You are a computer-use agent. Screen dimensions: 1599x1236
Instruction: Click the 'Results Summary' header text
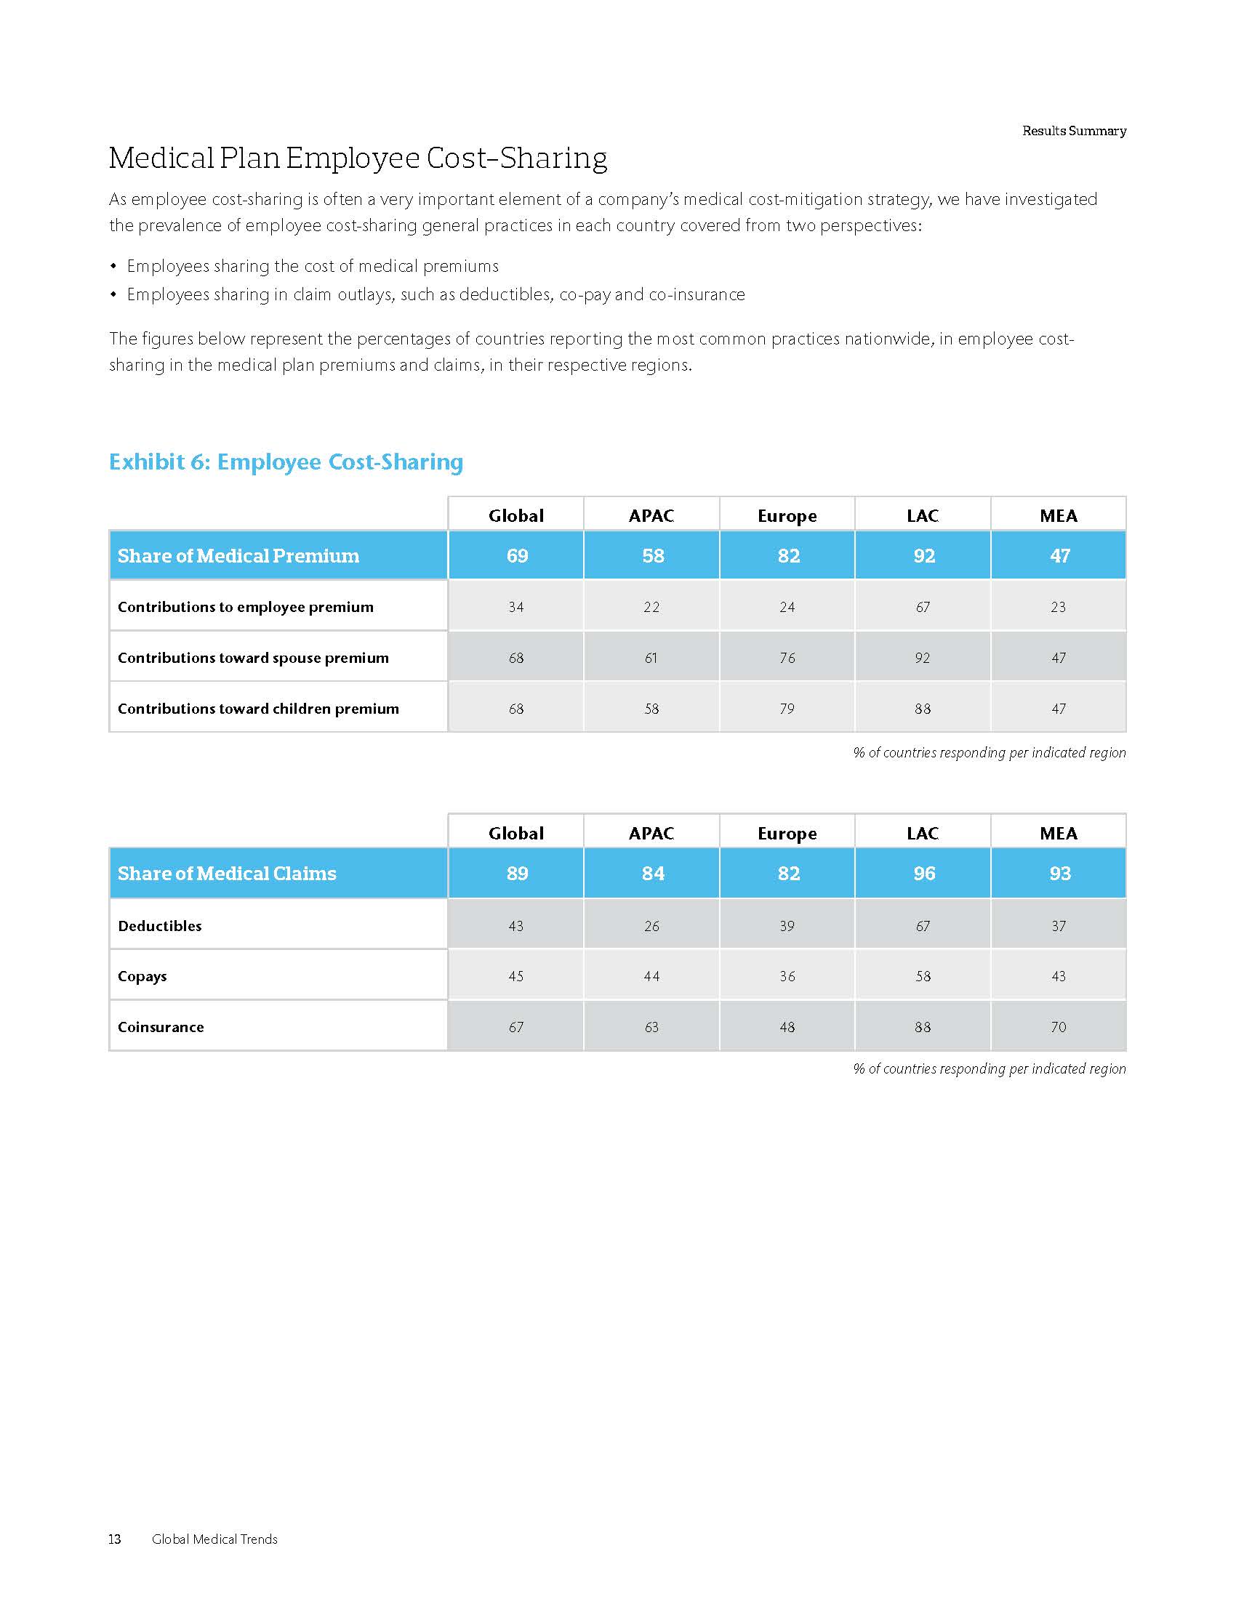pyautogui.click(x=1073, y=131)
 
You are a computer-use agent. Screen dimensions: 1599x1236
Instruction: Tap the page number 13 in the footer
pyautogui.click(x=115, y=1539)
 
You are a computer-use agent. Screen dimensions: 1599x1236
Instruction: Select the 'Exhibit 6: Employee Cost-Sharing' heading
pyautogui.click(x=286, y=462)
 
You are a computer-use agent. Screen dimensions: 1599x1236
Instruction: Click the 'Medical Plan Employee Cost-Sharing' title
pyautogui.click(x=357, y=158)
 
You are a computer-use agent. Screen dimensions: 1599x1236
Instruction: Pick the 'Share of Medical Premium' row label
pyautogui.click(x=238, y=556)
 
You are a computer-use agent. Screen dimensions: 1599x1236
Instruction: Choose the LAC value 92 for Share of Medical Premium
pyautogui.click(x=923, y=556)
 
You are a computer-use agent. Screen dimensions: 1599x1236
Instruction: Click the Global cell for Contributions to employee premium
pyautogui.click(x=516, y=607)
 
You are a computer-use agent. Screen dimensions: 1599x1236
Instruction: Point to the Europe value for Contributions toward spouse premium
pyautogui.click(x=787, y=658)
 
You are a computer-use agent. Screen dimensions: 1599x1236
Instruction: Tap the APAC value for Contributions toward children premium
pyautogui.click(x=651, y=709)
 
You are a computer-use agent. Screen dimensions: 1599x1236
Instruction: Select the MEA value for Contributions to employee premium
pyautogui.click(x=1058, y=607)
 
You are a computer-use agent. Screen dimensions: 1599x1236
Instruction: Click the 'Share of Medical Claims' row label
pyautogui.click(x=227, y=874)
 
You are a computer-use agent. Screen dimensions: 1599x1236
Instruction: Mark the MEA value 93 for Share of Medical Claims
pyautogui.click(x=1059, y=874)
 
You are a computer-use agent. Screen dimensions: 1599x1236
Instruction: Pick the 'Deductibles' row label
pyautogui.click(x=160, y=926)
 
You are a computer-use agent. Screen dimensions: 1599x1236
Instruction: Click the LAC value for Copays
pyautogui.click(x=923, y=976)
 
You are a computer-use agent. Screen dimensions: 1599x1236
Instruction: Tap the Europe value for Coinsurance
pyautogui.click(x=787, y=1027)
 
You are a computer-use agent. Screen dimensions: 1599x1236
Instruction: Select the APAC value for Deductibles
pyautogui.click(x=651, y=926)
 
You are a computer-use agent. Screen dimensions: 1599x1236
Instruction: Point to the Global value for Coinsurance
pyautogui.click(x=516, y=1027)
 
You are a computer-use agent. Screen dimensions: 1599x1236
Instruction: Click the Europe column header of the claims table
pyautogui.click(x=787, y=833)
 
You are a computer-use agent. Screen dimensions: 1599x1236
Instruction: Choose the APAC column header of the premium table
pyautogui.click(x=651, y=515)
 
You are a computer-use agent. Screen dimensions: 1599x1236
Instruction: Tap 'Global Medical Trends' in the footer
pyautogui.click(x=214, y=1539)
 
